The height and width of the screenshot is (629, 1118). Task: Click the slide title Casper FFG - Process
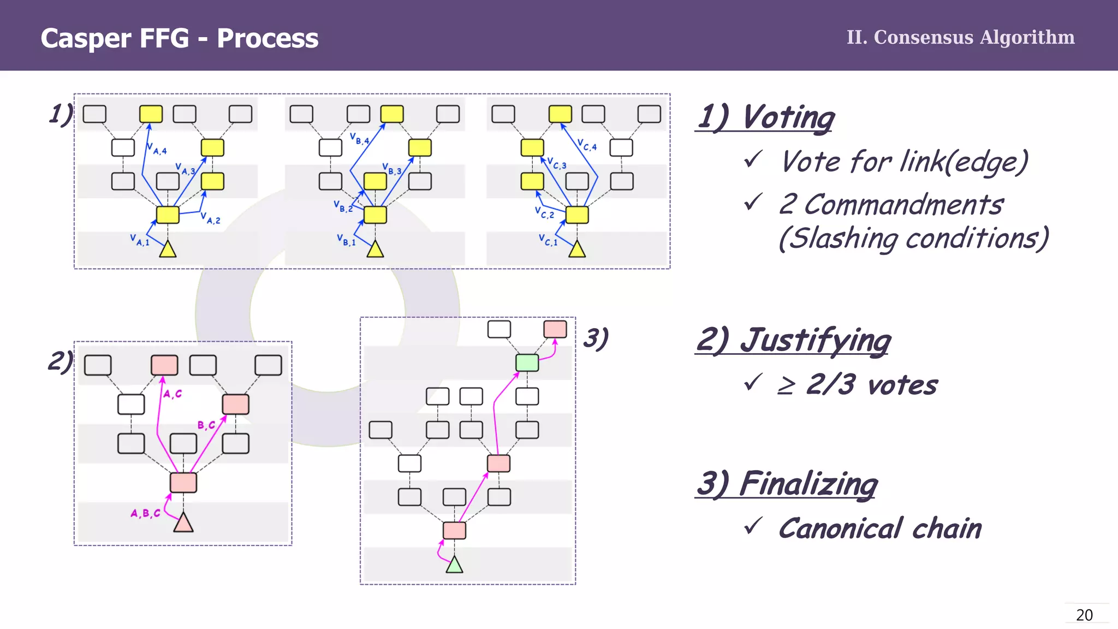[179, 38]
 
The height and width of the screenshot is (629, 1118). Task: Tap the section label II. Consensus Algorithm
[960, 37]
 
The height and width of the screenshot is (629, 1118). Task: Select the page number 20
[1084, 615]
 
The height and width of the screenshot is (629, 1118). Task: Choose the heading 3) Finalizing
[787, 484]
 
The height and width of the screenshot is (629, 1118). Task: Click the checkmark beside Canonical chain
[753, 526]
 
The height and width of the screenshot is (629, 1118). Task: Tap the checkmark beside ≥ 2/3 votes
[753, 382]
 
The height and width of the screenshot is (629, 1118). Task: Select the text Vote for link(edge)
[904, 162]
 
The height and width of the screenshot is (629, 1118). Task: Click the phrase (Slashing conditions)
[913, 239]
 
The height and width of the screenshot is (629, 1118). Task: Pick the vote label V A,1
[140, 240]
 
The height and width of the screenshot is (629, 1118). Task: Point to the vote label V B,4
[360, 139]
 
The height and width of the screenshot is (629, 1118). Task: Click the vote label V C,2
[544, 212]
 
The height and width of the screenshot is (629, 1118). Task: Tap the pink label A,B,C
[145, 513]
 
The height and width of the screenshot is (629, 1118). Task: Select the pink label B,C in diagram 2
[206, 425]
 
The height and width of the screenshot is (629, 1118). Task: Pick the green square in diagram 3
[527, 363]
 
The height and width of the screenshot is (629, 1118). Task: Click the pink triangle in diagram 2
[183, 524]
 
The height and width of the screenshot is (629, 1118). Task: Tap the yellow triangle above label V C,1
[577, 250]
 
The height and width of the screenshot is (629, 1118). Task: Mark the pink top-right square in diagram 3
[555, 329]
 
